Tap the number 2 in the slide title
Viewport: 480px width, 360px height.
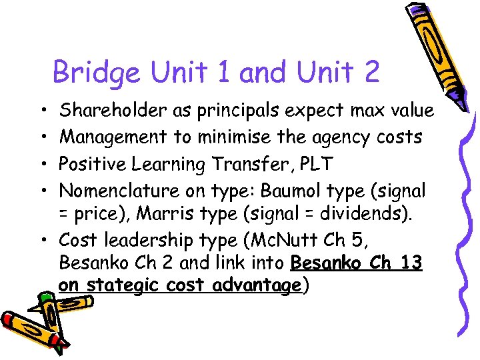coord(370,71)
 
